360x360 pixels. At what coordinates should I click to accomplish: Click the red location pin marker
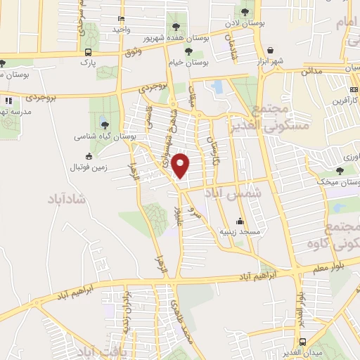click(x=181, y=166)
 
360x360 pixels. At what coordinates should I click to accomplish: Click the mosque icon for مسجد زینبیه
click(x=240, y=220)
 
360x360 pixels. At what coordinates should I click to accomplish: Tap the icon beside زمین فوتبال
click(x=89, y=156)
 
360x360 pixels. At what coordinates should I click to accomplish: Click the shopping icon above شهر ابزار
click(x=271, y=50)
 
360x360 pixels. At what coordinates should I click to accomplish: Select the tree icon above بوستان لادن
click(x=245, y=12)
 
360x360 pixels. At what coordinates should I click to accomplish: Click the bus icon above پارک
click(x=89, y=52)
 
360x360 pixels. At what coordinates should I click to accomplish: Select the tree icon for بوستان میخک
click(x=340, y=170)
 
